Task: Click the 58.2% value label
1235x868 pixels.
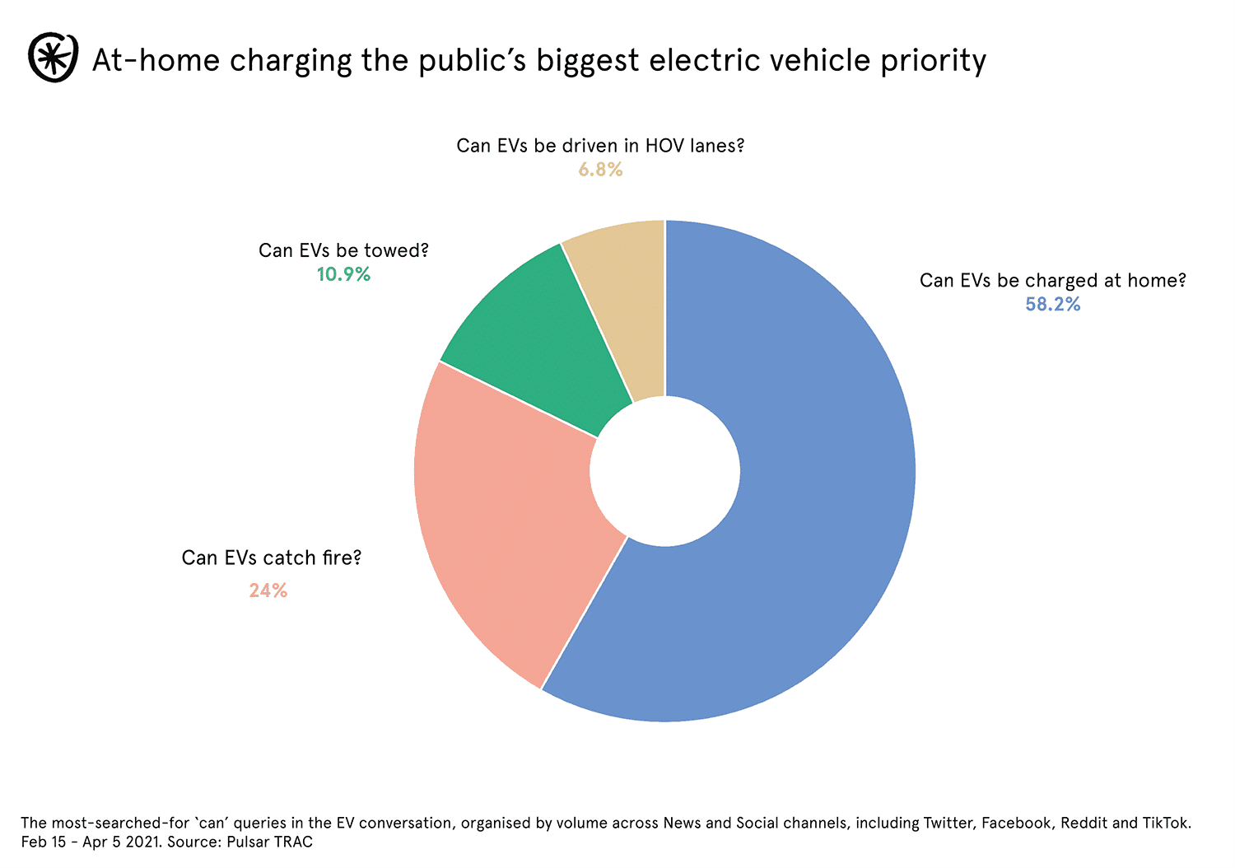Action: tap(1052, 305)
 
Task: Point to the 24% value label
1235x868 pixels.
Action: tap(268, 590)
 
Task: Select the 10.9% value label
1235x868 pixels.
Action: tap(343, 274)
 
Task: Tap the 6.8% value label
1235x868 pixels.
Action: tap(600, 170)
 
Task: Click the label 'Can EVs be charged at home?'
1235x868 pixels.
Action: tap(1052, 281)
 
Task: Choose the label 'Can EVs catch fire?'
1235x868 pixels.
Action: tap(272, 558)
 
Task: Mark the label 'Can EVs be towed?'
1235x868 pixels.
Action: tap(343, 250)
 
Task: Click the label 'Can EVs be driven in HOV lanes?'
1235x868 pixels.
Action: tap(600, 146)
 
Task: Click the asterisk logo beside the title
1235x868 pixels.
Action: tap(53, 58)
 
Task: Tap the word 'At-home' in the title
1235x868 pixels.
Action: tap(156, 60)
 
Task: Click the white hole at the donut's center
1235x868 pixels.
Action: tap(665, 471)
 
